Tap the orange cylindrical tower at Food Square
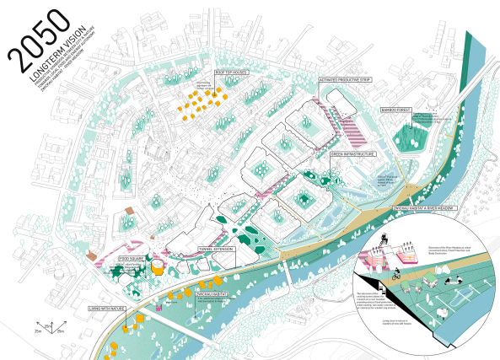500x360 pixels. point(157,267)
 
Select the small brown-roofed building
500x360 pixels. point(129,210)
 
